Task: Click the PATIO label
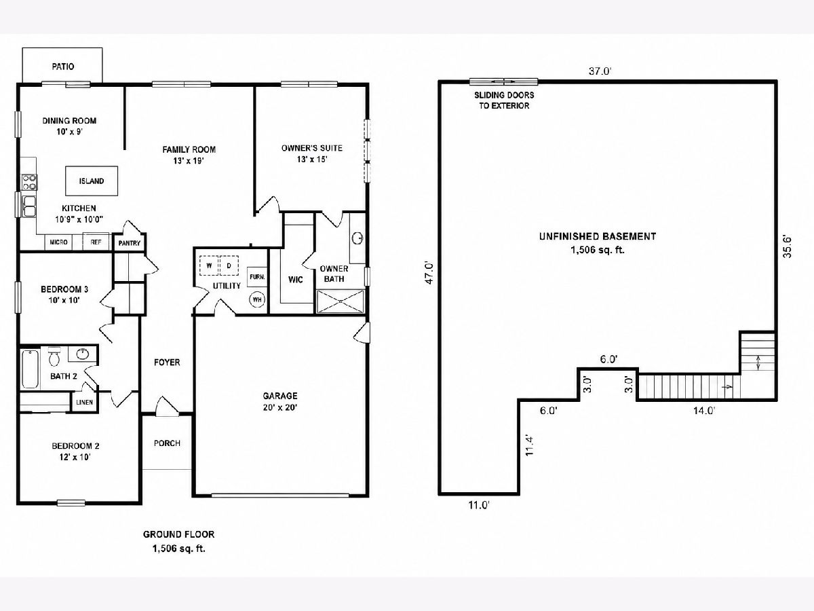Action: click(63, 67)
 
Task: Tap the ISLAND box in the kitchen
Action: click(92, 181)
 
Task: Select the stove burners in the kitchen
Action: click(30, 182)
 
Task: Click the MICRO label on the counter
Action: click(58, 242)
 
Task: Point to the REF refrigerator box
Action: click(96, 242)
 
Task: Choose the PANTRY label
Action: click(130, 243)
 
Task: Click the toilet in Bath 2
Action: click(54, 356)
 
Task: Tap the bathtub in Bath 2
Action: click(30, 369)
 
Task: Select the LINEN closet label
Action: click(85, 402)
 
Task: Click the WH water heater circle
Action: click(257, 299)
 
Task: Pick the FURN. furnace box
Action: click(257, 277)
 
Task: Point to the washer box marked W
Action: click(209, 265)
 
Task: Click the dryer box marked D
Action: click(229, 265)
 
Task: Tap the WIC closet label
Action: click(296, 279)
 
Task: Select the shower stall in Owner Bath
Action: click(341, 301)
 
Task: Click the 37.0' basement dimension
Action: click(600, 71)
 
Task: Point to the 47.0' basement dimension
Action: click(429, 273)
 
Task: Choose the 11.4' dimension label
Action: click(529, 445)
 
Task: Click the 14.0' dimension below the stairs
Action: click(704, 411)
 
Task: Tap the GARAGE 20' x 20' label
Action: click(280, 401)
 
